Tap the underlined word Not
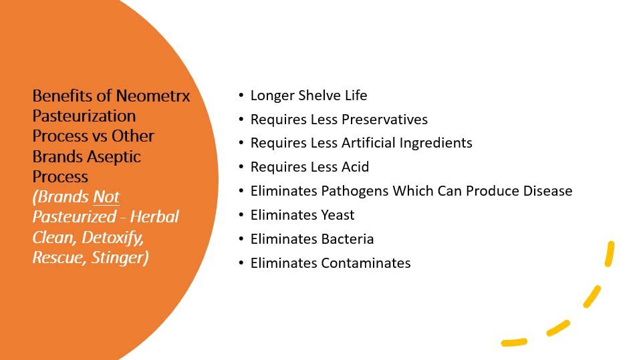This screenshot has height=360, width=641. [106, 197]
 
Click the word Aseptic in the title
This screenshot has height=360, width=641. [114, 156]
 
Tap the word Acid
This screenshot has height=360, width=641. [356, 167]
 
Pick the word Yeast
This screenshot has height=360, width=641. [338, 215]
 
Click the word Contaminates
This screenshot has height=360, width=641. [366, 263]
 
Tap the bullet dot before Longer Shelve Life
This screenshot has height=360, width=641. [241, 96]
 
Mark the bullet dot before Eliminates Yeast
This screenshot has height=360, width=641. [241, 215]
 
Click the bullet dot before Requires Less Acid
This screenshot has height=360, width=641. [241, 168]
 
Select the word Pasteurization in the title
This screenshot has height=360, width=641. [84, 116]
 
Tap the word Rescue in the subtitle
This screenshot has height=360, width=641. [54, 257]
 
